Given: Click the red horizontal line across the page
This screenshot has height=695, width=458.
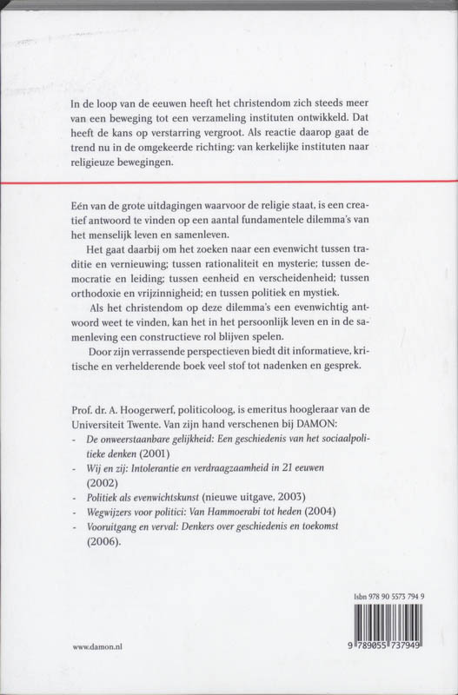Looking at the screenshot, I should pos(229,183).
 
